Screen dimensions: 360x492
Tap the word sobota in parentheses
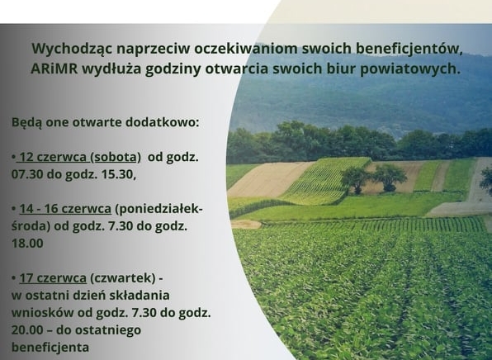115,156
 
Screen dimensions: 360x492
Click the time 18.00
27,244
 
